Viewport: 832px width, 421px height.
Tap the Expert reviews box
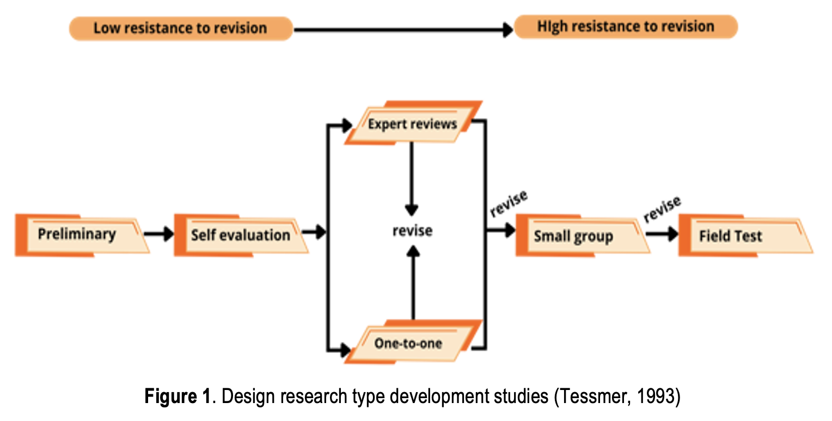[x=412, y=124]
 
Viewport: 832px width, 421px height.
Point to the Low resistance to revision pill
[x=180, y=28]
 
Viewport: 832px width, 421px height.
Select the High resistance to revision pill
[x=626, y=27]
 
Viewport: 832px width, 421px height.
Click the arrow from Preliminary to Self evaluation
[x=158, y=234]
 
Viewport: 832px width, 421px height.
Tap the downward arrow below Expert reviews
[x=412, y=179]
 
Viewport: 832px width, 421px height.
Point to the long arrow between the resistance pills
[x=403, y=29]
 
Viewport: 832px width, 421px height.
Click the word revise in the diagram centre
[x=412, y=231]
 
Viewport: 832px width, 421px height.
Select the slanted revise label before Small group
[x=509, y=203]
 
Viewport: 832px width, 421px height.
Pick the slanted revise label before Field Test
[x=662, y=209]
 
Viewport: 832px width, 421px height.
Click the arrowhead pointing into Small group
[x=510, y=231]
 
